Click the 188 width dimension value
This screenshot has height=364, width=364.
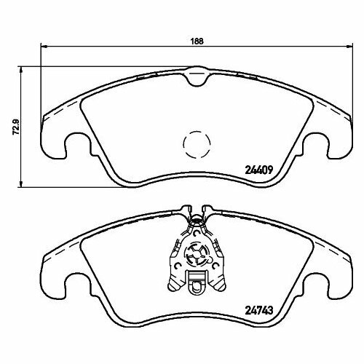(x=196, y=41)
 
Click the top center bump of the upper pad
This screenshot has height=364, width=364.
(x=195, y=74)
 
